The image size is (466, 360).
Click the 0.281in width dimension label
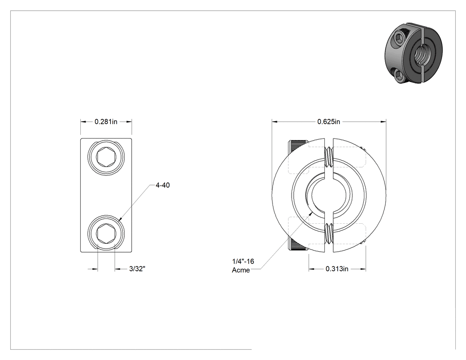106,122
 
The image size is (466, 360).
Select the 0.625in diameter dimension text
328,122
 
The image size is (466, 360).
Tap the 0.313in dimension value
337,269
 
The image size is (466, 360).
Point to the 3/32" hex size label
137,269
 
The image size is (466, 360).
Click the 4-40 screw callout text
162,185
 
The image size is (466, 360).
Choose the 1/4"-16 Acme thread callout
243,265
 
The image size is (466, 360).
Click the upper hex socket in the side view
106,156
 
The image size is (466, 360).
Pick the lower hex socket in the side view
106,232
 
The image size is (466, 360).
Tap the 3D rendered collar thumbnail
413,53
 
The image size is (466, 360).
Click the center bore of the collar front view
329,195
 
